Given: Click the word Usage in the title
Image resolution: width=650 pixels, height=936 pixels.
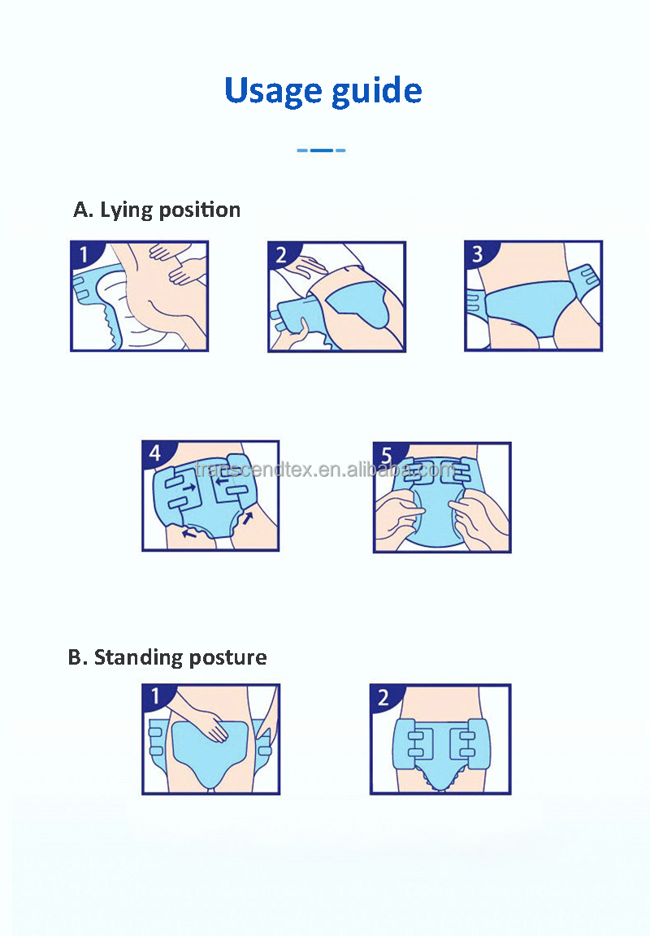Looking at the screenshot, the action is pyautogui.click(x=273, y=92).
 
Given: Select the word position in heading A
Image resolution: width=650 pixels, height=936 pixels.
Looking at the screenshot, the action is pyautogui.click(x=199, y=210).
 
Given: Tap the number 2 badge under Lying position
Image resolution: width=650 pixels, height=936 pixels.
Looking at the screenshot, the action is pyautogui.click(x=282, y=255).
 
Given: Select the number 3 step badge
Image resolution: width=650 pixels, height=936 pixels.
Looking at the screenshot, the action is pyautogui.click(x=479, y=254).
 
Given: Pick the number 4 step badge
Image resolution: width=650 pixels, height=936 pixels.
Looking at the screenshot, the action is pyautogui.click(x=156, y=453).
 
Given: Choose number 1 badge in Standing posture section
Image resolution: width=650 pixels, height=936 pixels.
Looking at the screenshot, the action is pyautogui.click(x=156, y=696).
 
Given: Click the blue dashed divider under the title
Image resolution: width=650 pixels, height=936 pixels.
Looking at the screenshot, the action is pyautogui.click(x=321, y=150).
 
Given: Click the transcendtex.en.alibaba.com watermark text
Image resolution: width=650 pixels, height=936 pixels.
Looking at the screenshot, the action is pyautogui.click(x=325, y=470).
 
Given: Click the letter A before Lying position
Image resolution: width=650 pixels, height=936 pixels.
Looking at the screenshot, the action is pyautogui.click(x=83, y=210).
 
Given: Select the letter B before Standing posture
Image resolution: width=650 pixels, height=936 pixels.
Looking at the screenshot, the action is pyautogui.click(x=77, y=657).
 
